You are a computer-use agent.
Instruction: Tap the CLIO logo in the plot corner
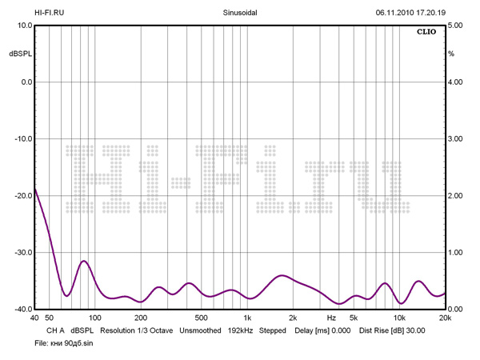click(426, 33)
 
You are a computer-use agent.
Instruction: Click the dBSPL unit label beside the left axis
click(18, 54)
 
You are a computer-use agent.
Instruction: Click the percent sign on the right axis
click(451, 54)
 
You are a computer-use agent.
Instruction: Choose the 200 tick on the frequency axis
click(141, 318)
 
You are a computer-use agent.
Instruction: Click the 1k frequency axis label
click(248, 318)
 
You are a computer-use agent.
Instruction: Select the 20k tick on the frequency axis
click(445, 318)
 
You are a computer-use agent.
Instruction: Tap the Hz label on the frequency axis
click(331, 318)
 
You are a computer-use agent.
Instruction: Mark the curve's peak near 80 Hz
click(83, 261)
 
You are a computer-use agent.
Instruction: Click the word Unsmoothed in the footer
click(200, 330)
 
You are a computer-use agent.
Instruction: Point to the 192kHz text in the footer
click(242, 330)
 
